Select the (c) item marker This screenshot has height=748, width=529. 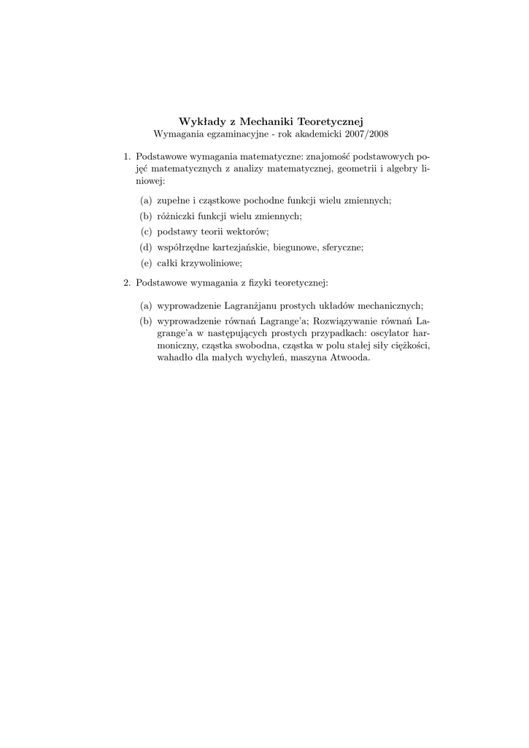click(146, 232)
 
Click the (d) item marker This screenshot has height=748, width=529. click(146, 248)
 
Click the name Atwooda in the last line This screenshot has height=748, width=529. click(350, 359)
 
